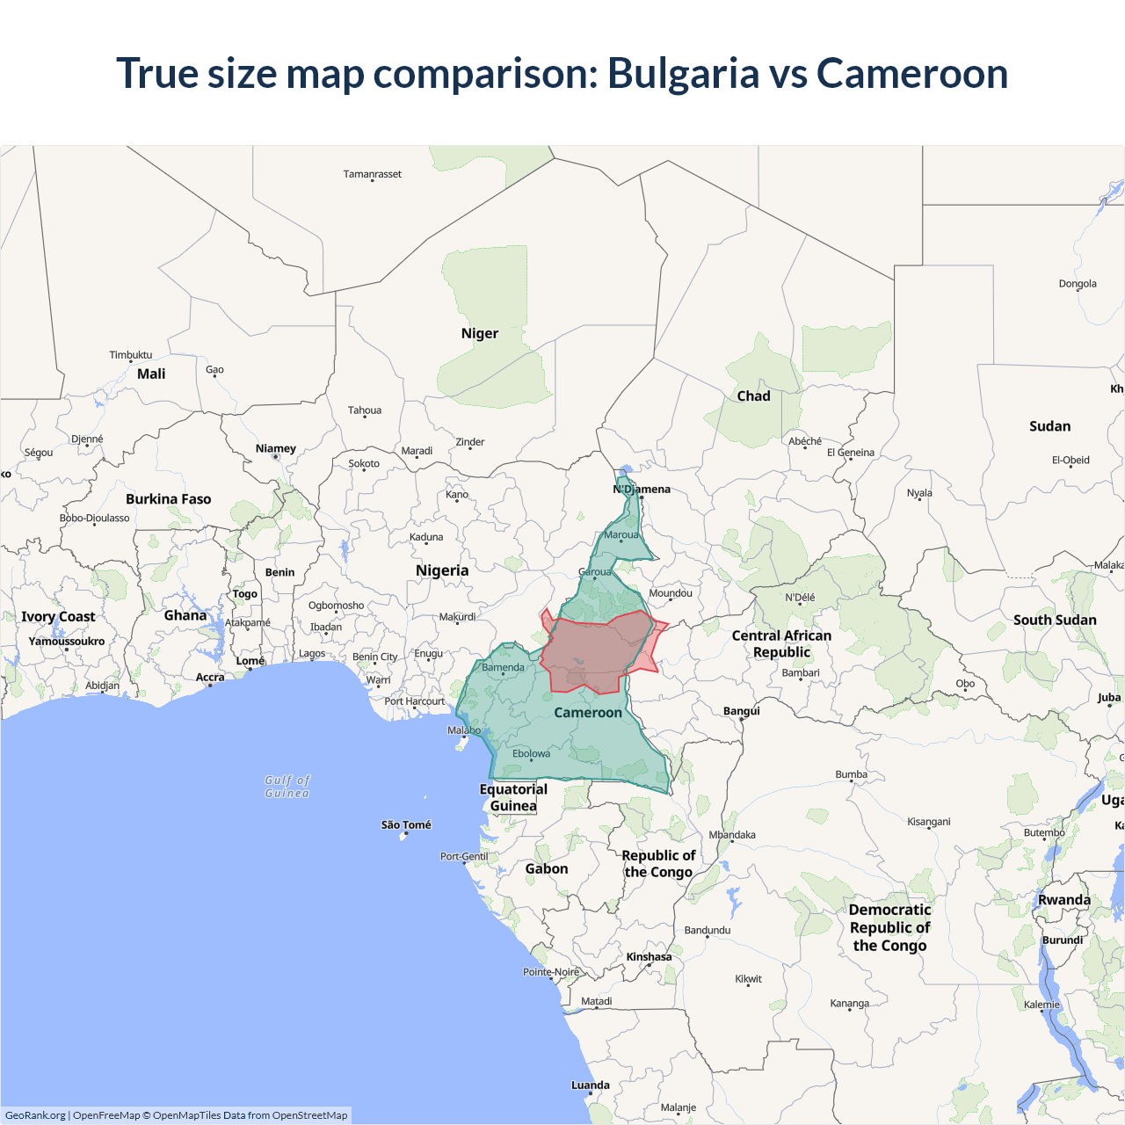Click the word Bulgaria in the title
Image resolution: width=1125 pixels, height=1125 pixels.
click(x=683, y=74)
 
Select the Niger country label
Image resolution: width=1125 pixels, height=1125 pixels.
click(x=479, y=333)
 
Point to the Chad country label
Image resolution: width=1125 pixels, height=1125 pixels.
click(x=753, y=396)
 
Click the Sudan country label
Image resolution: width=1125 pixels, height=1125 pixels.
click(x=1049, y=426)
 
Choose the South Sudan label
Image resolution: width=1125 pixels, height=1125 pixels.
click(x=1054, y=620)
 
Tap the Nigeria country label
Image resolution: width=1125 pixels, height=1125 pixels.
click(x=442, y=570)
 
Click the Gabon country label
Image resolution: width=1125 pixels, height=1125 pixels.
click(x=546, y=868)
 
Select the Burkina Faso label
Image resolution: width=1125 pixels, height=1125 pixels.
click(x=168, y=499)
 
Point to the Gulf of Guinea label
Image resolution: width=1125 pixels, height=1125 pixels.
click(x=287, y=787)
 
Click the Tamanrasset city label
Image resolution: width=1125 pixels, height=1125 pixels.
click(x=372, y=174)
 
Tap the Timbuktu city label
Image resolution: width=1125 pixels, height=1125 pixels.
click(x=130, y=355)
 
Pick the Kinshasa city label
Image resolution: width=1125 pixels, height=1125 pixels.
click(x=649, y=957)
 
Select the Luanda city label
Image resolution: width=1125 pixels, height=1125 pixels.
click(x=590, y=1085)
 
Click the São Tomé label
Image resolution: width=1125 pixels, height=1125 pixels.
click(x=406, y=825)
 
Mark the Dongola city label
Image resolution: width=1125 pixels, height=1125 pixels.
click(x=1077, y=284)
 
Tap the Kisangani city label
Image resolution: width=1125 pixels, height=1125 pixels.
click(x=928, y=822)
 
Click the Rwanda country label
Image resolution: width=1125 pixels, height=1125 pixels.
click(x=1063, y=900)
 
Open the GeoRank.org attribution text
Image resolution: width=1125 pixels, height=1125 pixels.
click(x=35, y=1115)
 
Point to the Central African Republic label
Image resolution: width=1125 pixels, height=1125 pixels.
click(x=781, y=643)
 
